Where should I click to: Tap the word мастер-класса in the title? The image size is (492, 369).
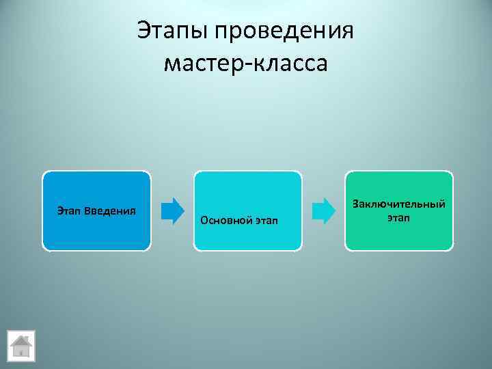[x=246, y=64]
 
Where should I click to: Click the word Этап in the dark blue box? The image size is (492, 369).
[x=69, y=209]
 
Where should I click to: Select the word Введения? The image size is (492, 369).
[x=109, y=209]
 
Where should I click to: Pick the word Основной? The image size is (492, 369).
[x=222, y=220]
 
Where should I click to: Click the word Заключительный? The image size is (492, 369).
[x=398, y=204]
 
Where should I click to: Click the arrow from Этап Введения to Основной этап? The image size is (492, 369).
[x=173, y=210]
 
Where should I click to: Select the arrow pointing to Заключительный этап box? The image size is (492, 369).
[x=323, y=210]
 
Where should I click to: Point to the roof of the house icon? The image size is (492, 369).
[x=21, y=340]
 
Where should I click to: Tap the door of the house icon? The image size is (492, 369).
[x=21, y=351]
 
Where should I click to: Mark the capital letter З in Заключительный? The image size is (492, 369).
[x=355, y=204]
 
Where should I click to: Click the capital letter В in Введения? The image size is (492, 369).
[x=87, y=209]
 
